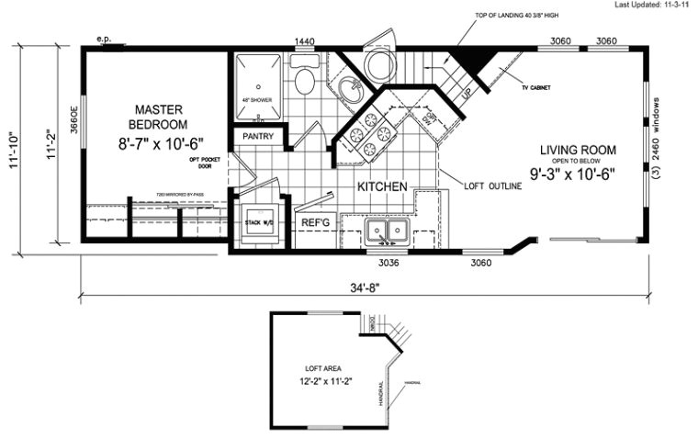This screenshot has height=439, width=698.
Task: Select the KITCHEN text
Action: click(x=382, y=186)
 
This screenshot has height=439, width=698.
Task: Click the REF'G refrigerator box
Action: click(x=314, y=223)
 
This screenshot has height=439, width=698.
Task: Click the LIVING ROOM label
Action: click(x=578, y=150)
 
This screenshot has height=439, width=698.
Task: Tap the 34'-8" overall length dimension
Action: click(x=365, y=287)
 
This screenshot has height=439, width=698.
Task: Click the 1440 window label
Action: click(x=304, y=42)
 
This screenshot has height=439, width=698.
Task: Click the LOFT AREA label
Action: click(x=311, y=366)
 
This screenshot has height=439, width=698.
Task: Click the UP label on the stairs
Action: click(x=466, y=95)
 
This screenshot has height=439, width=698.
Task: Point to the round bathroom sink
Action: click(x=349, y=90)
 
